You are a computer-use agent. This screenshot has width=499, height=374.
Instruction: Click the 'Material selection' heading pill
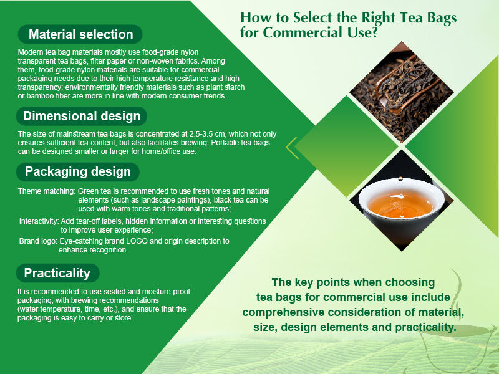pos(80,34)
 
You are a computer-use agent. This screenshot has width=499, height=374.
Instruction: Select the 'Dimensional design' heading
pos(82,116)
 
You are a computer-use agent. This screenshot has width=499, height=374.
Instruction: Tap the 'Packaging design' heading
pos(78,171)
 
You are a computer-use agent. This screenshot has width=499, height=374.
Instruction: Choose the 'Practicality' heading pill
pos(57,273)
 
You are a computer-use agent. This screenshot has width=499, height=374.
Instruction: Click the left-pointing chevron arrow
pos(291,147)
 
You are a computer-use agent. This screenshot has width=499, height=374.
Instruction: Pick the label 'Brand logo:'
pos(38,241)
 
